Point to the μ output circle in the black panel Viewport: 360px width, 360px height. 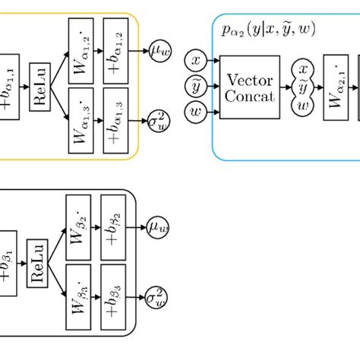(158, 226)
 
